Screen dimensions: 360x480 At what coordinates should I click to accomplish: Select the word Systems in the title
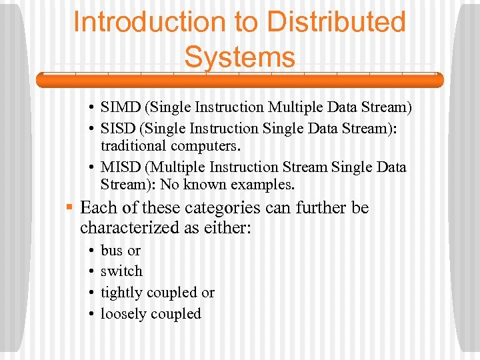coord(239,57)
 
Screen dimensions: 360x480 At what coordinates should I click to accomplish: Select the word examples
coord(263,184)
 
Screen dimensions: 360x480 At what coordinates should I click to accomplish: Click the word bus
coord(111,251)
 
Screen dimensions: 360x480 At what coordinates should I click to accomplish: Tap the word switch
coord(121,271)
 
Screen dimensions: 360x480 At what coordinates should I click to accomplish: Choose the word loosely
coord(125,313)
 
